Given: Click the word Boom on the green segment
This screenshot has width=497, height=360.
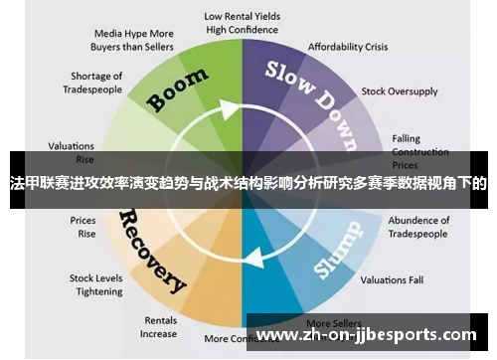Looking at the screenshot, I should (x=179, y=90).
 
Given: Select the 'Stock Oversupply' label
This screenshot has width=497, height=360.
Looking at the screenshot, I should (x=400, y=91).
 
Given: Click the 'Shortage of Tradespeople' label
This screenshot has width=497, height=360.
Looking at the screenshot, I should (x=96, y=83).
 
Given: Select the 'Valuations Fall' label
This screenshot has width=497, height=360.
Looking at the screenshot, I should (x=394, y=279).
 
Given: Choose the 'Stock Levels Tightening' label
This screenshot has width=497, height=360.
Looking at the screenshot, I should (x=96, y=284).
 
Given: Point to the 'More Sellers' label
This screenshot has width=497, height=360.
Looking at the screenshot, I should (x=332, y=323).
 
